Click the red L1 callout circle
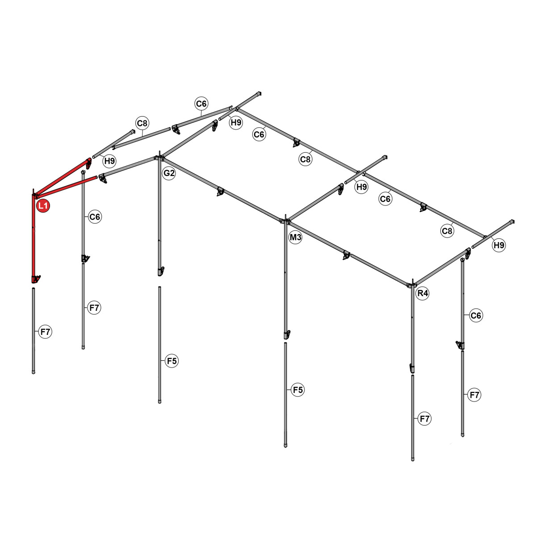pyautogui.click(x=43, y=206)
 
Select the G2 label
pyautogui.click(x=169, y=173)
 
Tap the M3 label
pyautogui.click(x=296, y=238)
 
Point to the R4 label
pyautogui.click(x=422, y=293)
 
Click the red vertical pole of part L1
pyautogui.click(x=33, y=237)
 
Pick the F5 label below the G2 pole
pyautogui.click(x=171, y=361)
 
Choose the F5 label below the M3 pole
pyautogui.click(x=297, y=390)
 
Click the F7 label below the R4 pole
pyautogui.click(x=424, y=419)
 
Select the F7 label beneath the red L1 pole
pyautogui.click(x=46, y=332)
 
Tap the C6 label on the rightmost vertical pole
pyautogui.click(x=476, y=316)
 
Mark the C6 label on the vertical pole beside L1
pyautogui.click(x=95, y=217)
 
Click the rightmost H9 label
pyautogui.click(x=499, y=245)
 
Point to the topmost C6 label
pyautogui.click(x=201, y=104)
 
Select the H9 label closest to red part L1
pyautogui.click(x=109, y=161)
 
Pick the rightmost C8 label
pyautogui.click(x=447, y=231)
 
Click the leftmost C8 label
pyautogui.click(x=142, y=123)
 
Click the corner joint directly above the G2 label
pyautogui.click(x=159, y=158)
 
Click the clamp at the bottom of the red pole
pyautogui.click(x=36, y=279)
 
